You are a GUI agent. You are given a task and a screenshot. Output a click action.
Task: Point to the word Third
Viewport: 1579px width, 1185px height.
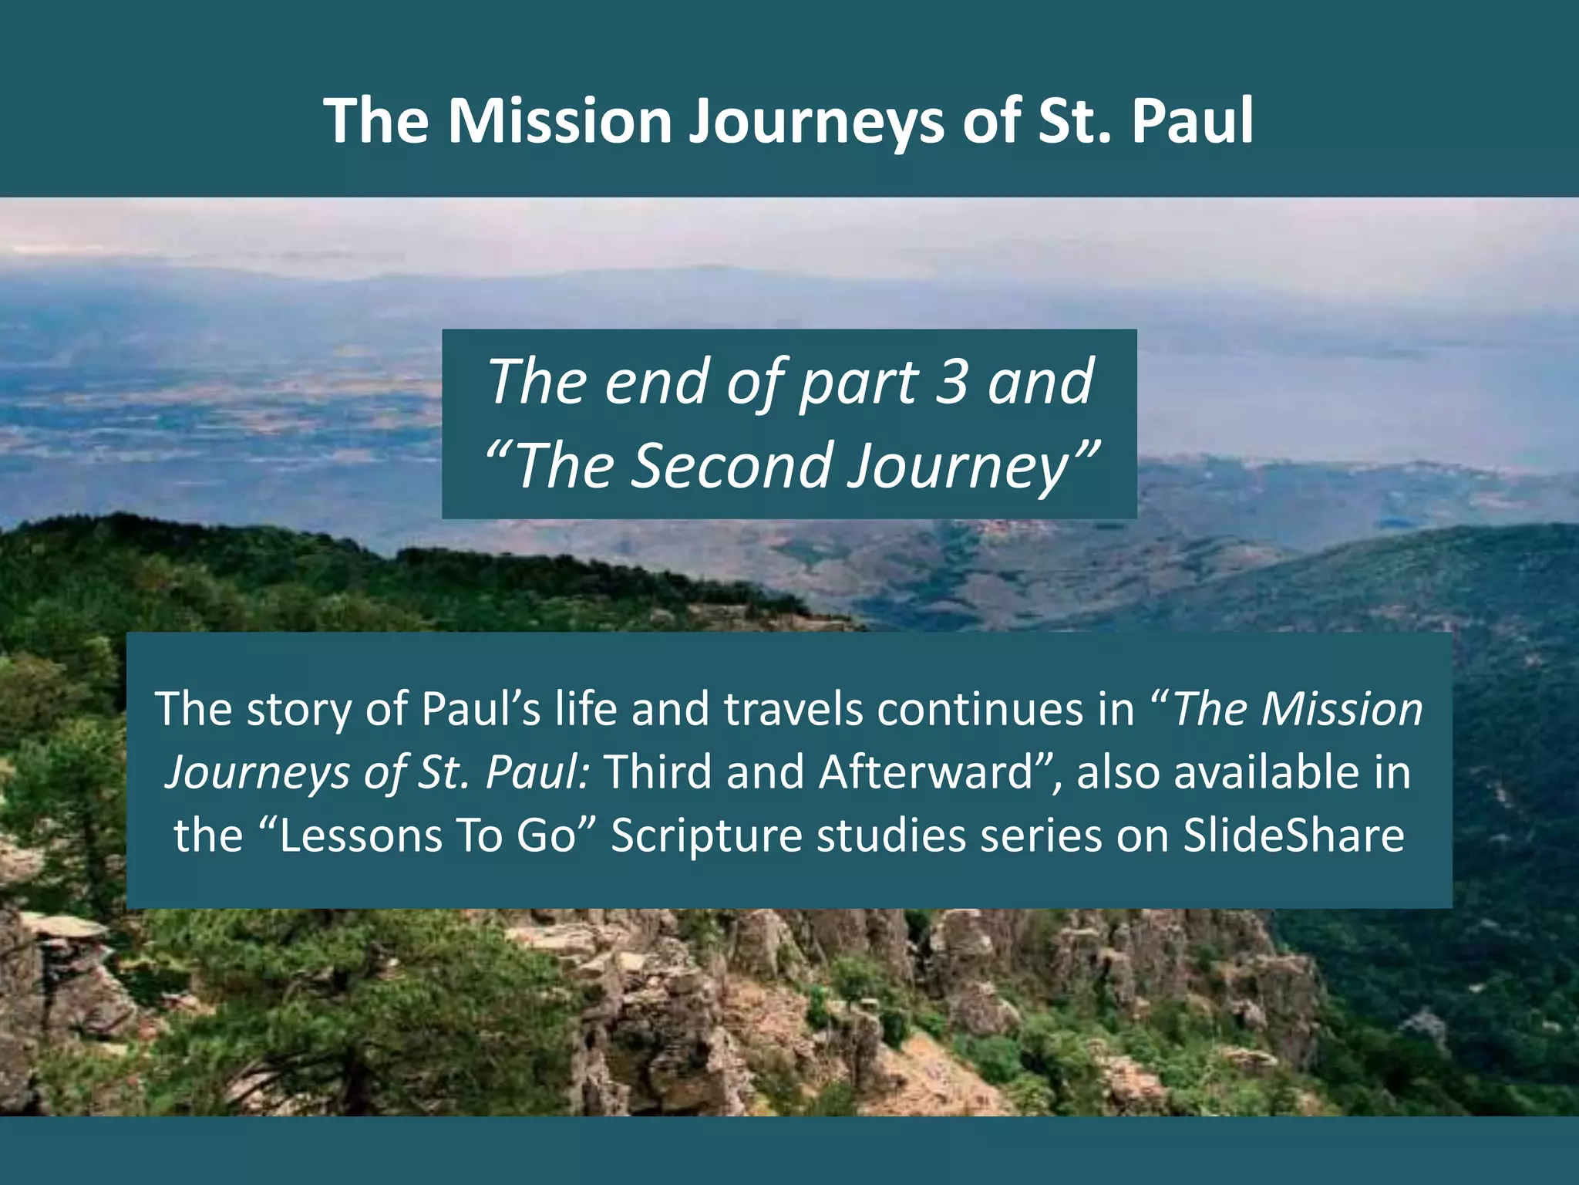(658, 772)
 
